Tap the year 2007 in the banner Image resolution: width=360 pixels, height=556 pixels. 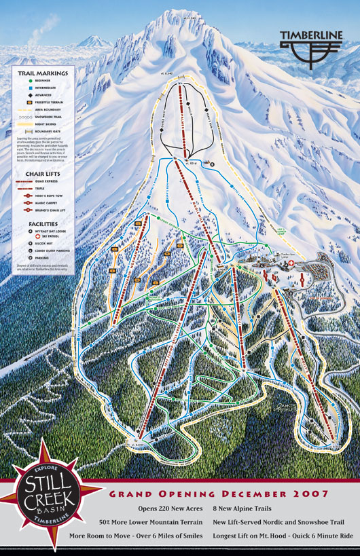[314, 494]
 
